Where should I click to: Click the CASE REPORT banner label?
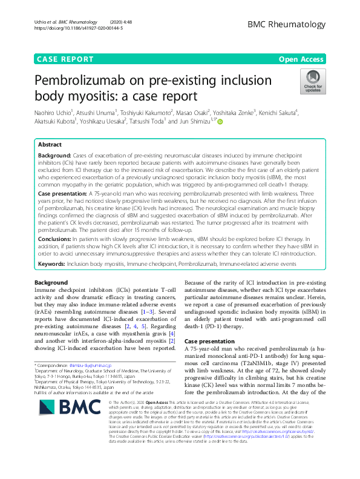tap(65, 59)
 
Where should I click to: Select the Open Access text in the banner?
tap(301, 59)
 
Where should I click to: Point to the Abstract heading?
tap(50, 145)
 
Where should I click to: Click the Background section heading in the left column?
tap(51, 283)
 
